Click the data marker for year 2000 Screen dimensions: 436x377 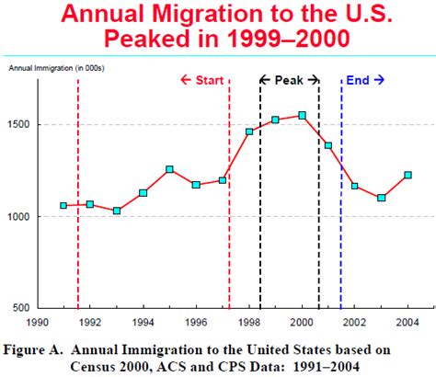point(302,116)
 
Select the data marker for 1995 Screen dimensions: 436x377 point(169,169)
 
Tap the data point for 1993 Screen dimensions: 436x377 point(117,211)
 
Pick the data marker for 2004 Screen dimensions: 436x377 point(407,175)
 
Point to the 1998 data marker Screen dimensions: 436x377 point(249,131)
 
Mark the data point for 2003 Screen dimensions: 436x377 point(381,198)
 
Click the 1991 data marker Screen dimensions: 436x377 point(63,205)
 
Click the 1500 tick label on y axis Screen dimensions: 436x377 point(19,124)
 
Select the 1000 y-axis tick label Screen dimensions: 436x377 point(19,217)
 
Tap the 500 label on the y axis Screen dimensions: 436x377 point(21,308)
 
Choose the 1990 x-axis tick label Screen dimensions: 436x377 point(37,323)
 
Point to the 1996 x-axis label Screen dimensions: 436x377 point(196,323)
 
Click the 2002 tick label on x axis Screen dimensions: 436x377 point(355,323)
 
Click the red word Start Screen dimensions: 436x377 point(210,80)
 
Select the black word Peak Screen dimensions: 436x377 point(289,80)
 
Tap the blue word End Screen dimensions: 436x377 point(358,80)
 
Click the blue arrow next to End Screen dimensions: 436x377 point(379,80)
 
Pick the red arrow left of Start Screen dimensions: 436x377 point(186,80)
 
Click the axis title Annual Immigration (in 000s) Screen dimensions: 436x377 point(57,68)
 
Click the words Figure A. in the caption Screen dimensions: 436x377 point(33,350)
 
